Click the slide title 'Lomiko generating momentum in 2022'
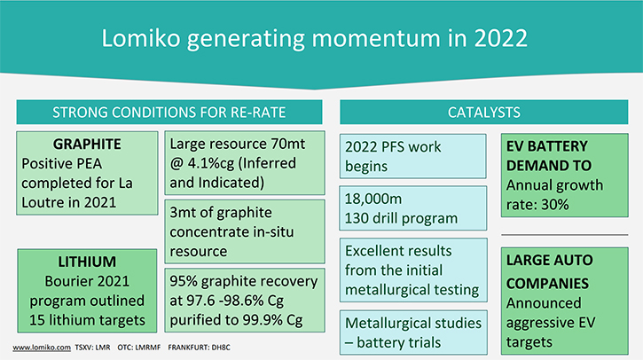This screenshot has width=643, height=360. (x=314, y=38)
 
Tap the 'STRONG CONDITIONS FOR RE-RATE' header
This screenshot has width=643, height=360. (x=169, y=113)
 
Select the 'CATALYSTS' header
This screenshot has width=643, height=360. (x=484, y=113)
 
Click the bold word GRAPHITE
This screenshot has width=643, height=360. (x=87, y=145)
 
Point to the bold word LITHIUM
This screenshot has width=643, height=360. (x=87, y=262)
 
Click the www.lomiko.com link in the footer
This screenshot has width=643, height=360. (x=42, y=348)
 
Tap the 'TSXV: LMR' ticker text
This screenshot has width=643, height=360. (x=92, y=348)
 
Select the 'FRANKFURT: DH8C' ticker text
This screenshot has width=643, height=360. (x=199, y=348)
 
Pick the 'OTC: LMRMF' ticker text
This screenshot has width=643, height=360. (x=139, y=348)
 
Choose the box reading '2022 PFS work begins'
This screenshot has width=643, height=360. (x=413, y=156)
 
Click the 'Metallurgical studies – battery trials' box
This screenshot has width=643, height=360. (x=413, y=333)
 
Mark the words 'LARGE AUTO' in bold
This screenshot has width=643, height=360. (x=550, y=260)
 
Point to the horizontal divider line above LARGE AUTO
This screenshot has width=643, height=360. (x=564, y=235)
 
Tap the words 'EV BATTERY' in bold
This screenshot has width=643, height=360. (x=546, y=146)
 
